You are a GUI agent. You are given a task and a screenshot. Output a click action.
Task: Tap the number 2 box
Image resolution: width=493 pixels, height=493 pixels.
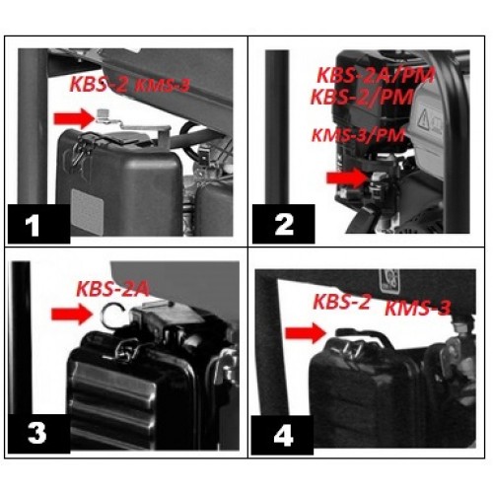[284, 224]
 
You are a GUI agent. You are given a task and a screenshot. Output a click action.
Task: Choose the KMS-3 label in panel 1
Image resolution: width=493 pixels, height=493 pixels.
[161, 87]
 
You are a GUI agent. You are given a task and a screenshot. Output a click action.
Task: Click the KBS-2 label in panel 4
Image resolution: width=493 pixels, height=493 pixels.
[342, 302]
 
